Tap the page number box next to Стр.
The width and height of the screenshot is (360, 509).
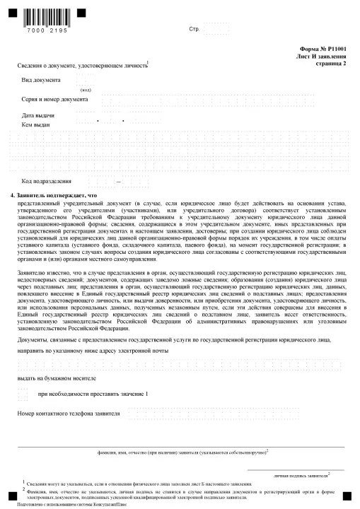click(215, 29)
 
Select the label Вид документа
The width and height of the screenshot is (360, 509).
click(42, 81)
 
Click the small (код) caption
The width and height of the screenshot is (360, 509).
click(86, 90)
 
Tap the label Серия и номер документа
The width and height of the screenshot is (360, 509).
click(54, 99)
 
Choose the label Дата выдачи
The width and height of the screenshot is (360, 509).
click(38, 115)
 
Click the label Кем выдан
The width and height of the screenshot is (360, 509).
click(36, 124)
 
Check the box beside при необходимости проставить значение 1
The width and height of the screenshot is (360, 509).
click(23, 392)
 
